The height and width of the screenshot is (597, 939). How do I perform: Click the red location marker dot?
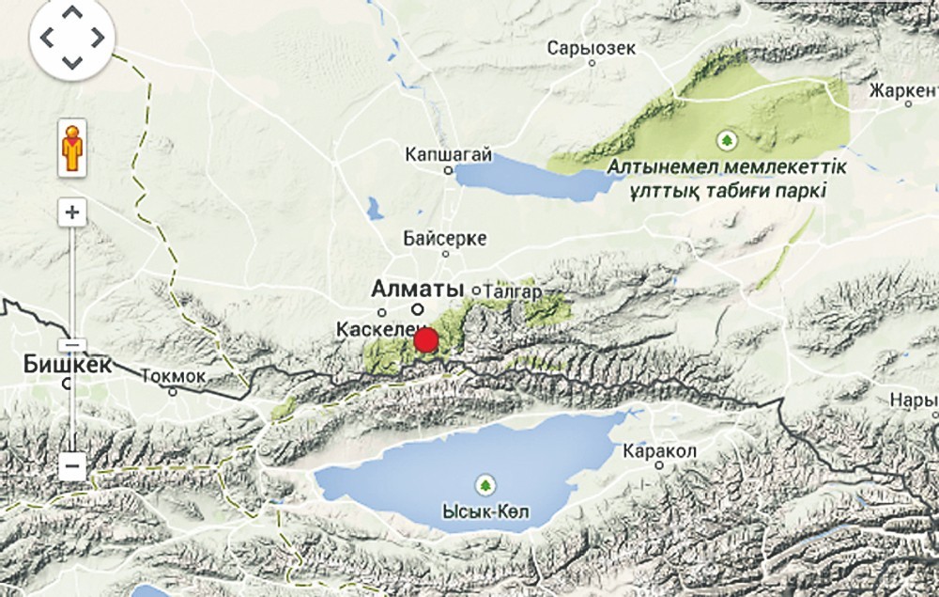coord(426,340)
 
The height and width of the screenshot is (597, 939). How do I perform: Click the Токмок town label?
coord(173,376)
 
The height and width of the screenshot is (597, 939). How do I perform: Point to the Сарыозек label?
coord(592,47)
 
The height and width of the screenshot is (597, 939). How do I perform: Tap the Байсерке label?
coord(445,238)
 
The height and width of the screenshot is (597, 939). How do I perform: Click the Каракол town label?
coord(659,451)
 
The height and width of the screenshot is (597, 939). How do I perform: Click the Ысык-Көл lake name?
coord(485,513)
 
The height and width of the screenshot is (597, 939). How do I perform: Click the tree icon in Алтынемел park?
coord(725,141)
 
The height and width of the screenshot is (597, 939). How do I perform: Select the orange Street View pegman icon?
coord(72,148)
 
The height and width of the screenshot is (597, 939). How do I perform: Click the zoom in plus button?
coord(72,212)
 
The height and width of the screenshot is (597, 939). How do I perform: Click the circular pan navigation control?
coord(72,39)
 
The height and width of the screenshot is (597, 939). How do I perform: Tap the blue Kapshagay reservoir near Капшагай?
coord(526,177)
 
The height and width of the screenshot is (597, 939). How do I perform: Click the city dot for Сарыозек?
coord(592,63)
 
